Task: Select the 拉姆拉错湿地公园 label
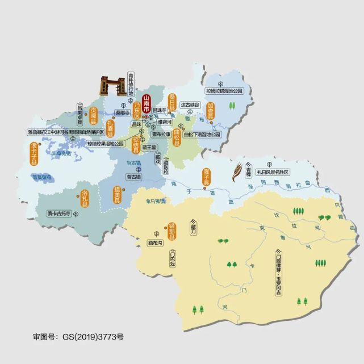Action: pyautogui.click(x=224, y=90)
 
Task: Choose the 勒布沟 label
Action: pyautogui.click(x=154, y=242)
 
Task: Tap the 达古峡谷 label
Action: pyautogui.click(x=191, y=104)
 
